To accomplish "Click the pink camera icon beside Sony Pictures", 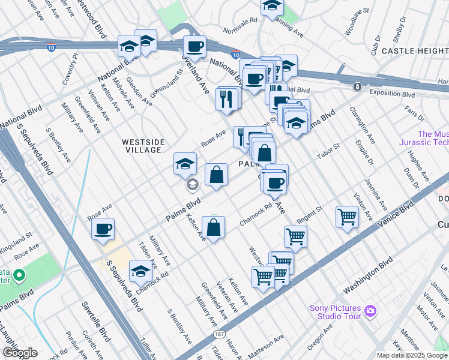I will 370,311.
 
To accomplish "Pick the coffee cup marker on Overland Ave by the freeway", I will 194,47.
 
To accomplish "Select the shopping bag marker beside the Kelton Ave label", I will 213,228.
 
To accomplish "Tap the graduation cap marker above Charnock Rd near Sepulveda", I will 140,271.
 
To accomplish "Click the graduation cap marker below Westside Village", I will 185,163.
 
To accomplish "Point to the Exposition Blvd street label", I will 392,94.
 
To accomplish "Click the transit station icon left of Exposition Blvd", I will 358,87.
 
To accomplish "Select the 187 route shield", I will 216,331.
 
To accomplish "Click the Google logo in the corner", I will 20,353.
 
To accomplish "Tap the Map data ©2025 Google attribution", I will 412,355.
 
